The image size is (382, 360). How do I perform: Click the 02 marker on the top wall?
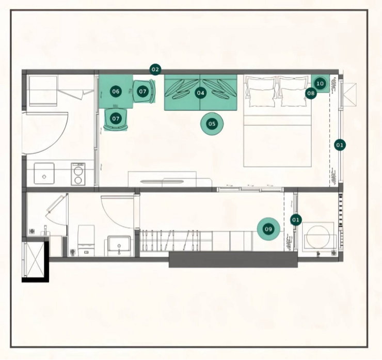point(155,70)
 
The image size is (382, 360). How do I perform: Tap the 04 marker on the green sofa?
point(200,93)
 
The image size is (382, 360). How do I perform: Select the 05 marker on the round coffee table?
point(212,124)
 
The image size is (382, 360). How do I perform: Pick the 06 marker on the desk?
point(116,91)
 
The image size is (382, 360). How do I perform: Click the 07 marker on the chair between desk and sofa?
point(142,91)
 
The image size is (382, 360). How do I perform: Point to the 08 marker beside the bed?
point(311,93)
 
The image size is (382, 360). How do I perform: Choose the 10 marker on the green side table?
point(320,84)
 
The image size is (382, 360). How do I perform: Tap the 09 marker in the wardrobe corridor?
point(268,229)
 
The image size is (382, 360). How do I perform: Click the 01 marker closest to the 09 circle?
point(296,220)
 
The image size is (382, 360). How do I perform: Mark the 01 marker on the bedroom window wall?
point(340,145)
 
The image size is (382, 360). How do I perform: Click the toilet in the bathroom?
point(86,240)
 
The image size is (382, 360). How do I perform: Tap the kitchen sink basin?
point(44,174)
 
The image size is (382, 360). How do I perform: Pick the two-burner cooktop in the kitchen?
point(78,174)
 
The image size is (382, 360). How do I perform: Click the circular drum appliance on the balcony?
point(318,237)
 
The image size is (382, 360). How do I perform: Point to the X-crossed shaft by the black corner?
point(35,259)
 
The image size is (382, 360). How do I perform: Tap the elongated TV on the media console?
point(162,182)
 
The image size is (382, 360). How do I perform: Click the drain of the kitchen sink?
point(44,177)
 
